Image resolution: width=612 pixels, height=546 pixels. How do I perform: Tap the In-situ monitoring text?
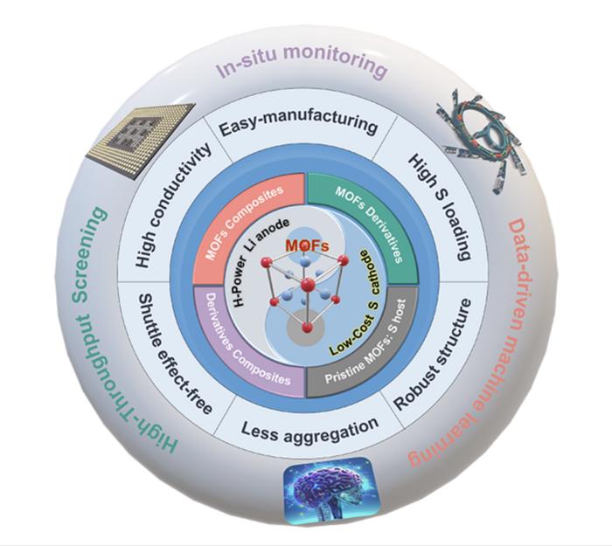(x=302, y=66)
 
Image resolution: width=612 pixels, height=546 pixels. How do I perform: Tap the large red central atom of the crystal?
(x=307, y=285)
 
